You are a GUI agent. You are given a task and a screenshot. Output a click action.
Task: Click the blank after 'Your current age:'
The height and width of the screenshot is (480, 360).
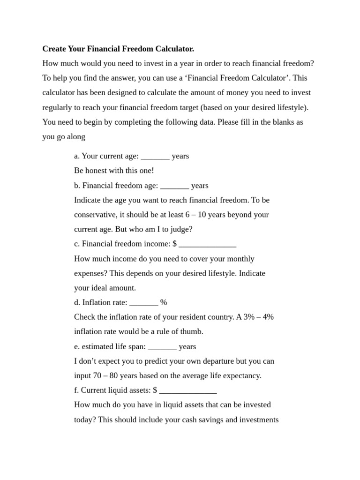click(155, 156)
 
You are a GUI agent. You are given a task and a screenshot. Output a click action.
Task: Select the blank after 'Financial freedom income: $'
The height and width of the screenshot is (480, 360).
click(208, 244)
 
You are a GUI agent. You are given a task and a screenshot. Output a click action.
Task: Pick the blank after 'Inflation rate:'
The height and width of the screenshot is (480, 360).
click(143, 303)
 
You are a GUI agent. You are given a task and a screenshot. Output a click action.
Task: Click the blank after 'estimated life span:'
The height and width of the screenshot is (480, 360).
click(162, 347)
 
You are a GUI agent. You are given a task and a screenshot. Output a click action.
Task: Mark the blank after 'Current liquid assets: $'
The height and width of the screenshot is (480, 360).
click(188, 390)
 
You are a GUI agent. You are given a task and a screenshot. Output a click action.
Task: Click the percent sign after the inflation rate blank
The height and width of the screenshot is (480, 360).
click(164, 303)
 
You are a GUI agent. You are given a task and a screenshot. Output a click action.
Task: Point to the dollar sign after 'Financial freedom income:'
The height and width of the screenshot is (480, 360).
click(174, 244)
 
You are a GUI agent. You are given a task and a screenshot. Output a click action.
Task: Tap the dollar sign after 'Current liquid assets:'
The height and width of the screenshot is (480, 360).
click(155, 390)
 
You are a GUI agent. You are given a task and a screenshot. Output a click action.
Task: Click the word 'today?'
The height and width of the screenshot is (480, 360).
click(85, 420)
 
